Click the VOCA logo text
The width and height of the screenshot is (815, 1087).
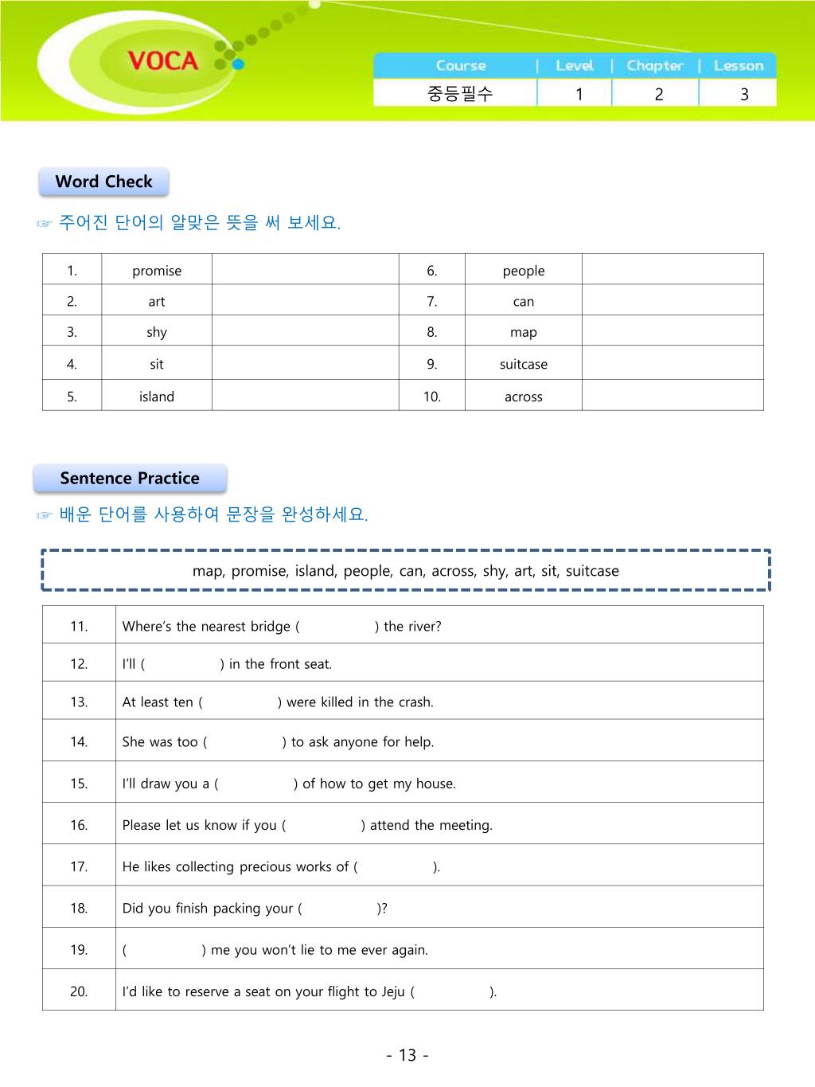pos(162,61)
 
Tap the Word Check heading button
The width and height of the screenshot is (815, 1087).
pos(103,182)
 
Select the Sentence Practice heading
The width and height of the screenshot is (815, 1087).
pos(130,479)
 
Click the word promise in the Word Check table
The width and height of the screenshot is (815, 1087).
pos(157,271)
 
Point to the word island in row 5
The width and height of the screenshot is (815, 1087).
pos(157,397)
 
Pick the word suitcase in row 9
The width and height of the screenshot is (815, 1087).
pos(523,364)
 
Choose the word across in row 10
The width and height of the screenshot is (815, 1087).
pos(523,397)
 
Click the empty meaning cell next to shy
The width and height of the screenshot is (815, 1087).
pos(305,332)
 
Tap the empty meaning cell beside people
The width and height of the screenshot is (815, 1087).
pos(673,270)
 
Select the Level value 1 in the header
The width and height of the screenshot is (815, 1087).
pos(579,94)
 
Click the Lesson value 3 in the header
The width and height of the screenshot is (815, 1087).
pos(744,94)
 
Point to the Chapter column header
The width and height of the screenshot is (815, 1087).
pos(654,66)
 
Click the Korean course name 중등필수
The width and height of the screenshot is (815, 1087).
pos(460,94)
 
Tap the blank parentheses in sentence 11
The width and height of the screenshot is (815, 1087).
pos(337,627)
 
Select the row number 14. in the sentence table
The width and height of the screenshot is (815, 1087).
pos(79,742)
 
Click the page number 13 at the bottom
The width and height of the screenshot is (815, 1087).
pos(407,1055)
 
